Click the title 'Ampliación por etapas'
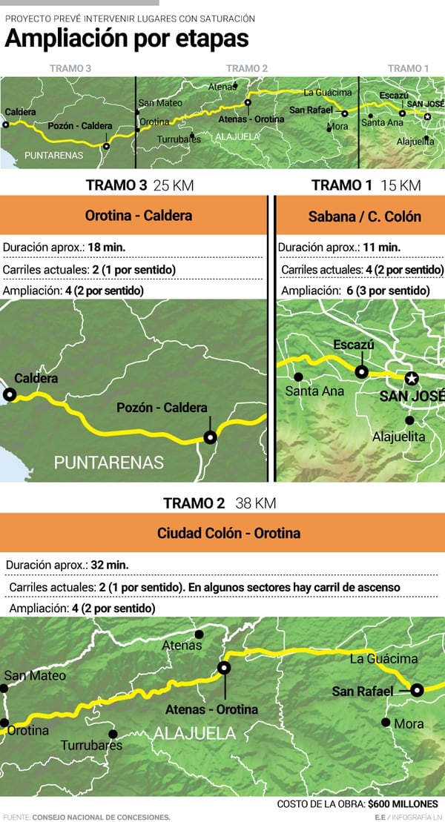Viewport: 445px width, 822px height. tap(127, 39)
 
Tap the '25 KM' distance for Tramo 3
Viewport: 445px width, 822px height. tap(173, 185)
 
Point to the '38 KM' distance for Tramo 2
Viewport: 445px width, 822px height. tap(256, 503)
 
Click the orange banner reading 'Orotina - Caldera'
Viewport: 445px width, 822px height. tap(139, 216)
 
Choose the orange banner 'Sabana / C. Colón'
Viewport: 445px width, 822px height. tap(364, 216)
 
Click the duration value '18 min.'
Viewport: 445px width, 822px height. tap(102, 247)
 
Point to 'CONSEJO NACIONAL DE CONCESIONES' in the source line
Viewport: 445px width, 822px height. tap(101, 817)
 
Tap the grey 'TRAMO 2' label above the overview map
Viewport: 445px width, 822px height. tap(247, 68)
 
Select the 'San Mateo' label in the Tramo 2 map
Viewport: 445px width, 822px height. tap(35, 675)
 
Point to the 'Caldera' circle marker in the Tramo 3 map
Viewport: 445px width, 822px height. tap(10, 395)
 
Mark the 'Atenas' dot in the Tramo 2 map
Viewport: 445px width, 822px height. tap(199, 634)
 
